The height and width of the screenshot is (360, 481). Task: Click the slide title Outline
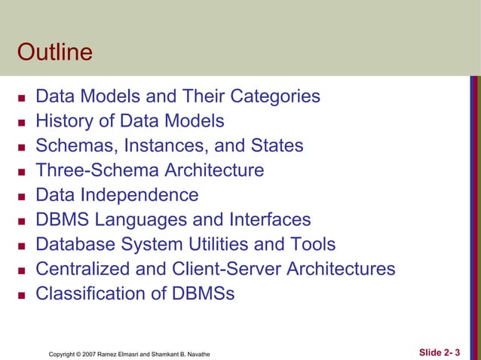tap(54, 53)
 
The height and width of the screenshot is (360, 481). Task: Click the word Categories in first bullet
tap(274, 96)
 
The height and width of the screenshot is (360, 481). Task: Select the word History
tap(64, 121)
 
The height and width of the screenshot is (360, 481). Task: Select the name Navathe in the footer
tap(198, 353)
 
